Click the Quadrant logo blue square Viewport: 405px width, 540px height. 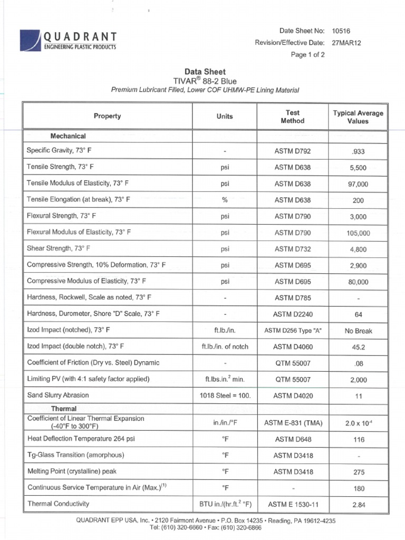point(30,40)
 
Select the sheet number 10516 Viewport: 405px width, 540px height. point(341,31)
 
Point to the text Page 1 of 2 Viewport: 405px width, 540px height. point(308,54)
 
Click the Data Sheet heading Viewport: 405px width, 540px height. point(205,72)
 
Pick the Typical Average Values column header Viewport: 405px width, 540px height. point(358,117)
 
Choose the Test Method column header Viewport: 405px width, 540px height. point(293,117)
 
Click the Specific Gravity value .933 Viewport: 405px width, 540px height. point(358,151)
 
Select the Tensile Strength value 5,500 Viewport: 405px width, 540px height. point(358,168)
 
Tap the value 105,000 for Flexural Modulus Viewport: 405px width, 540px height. point(358,233)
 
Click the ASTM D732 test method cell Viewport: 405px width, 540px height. point(293,249)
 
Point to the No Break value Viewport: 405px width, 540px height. point(358,331)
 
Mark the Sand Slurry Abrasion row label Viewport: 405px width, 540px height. point(58,395)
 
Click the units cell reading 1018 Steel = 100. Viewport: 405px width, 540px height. point(225,396)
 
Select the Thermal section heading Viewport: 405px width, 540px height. point(64,409)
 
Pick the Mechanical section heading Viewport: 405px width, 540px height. point(68,136)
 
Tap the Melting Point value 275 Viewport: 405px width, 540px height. point(358,472)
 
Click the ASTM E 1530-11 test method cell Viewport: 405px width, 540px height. point(293,505)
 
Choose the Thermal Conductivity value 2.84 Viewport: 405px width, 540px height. point(358,505)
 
